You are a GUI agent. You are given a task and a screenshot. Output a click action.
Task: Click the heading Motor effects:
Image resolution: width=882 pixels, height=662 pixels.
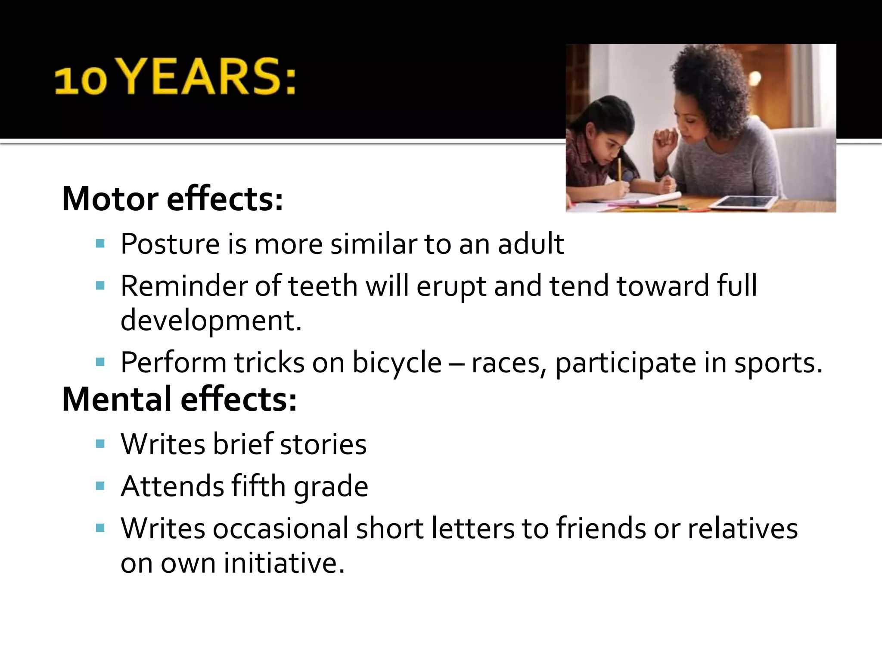tap(172, 199)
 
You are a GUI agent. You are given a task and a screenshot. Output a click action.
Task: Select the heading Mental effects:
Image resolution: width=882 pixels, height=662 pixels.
tap(179, 399)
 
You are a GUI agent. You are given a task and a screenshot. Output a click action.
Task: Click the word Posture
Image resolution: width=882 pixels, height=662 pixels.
tap(170, 244)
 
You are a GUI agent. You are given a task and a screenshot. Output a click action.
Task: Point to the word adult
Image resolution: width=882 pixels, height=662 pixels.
tap(531, 244)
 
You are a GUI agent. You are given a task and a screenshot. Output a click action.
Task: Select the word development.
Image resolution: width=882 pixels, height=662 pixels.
tap(211, 320)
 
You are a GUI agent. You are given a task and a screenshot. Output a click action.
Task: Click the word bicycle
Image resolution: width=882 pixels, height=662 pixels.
tap(397, 362)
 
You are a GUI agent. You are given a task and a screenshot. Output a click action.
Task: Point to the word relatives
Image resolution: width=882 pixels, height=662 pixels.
tap(742, 528)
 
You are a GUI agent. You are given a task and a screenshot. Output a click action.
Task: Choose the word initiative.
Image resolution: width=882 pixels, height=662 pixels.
tap(284, 563)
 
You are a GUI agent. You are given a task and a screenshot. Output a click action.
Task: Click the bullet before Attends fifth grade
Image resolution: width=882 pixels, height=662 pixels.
tap(100, 486)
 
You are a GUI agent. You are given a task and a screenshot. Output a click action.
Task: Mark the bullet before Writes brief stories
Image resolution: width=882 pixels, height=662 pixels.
tap(100, 444)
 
